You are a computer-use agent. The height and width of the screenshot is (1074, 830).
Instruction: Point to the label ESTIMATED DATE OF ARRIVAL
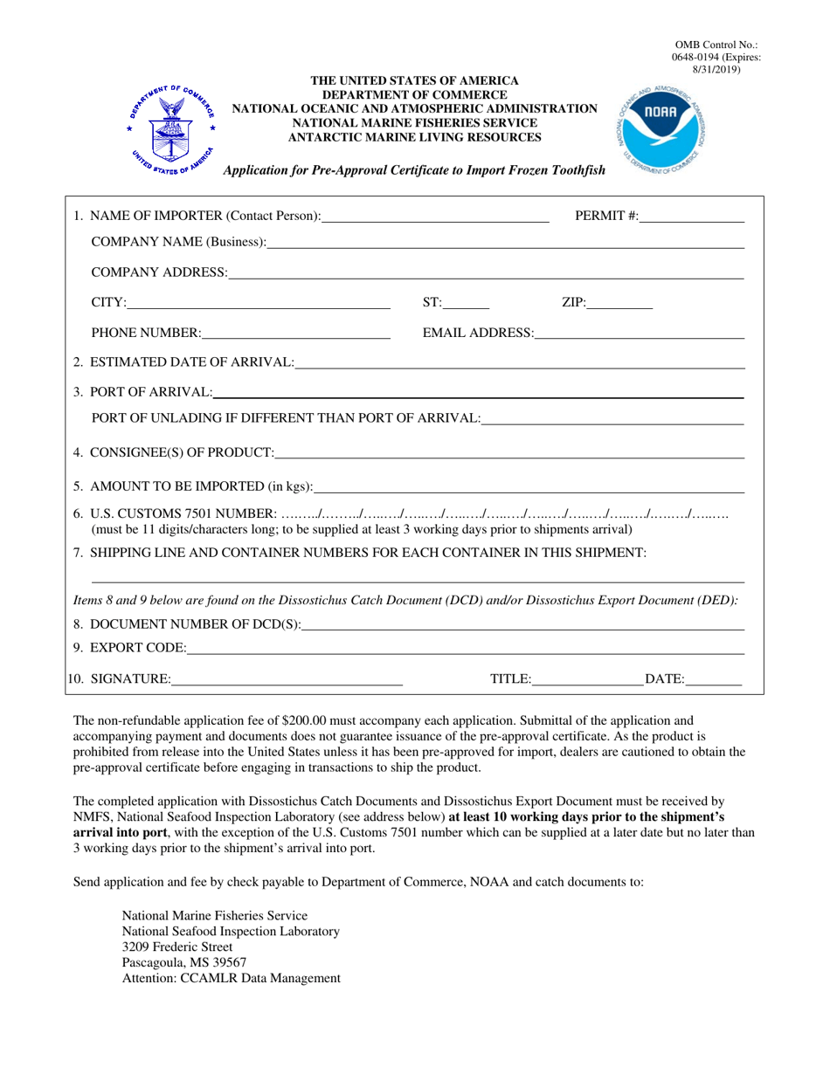191,363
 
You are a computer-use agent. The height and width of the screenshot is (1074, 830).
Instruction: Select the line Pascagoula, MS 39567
178,962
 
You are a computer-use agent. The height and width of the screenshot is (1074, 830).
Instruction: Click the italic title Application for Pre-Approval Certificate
414,171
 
